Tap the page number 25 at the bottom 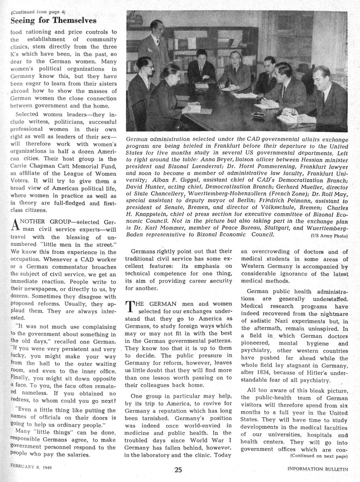click(x=178, y=470)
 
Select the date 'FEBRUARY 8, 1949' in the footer click(x=31, y=467)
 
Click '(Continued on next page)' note click(x=319, y=456)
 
